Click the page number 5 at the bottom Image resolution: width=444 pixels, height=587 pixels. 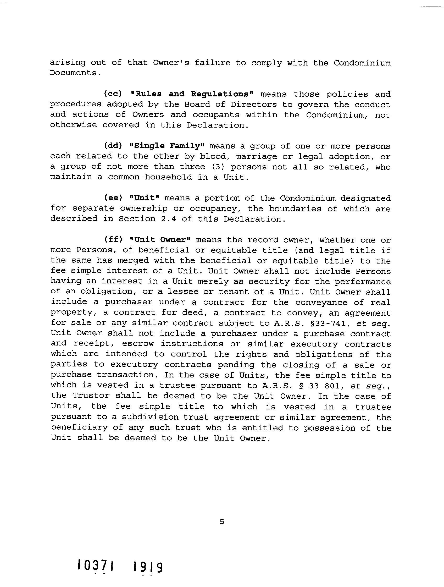click(x=222, y=522)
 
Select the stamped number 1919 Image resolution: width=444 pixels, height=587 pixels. click(x=148, y=567)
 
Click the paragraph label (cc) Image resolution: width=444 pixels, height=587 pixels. click(x=113, y=94)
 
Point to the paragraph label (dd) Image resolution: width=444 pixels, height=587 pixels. click(x=113, y=146)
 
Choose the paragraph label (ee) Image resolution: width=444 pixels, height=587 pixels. click(x=113, y=198)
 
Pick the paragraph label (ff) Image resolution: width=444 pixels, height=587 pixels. click(x=113, y=240)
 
